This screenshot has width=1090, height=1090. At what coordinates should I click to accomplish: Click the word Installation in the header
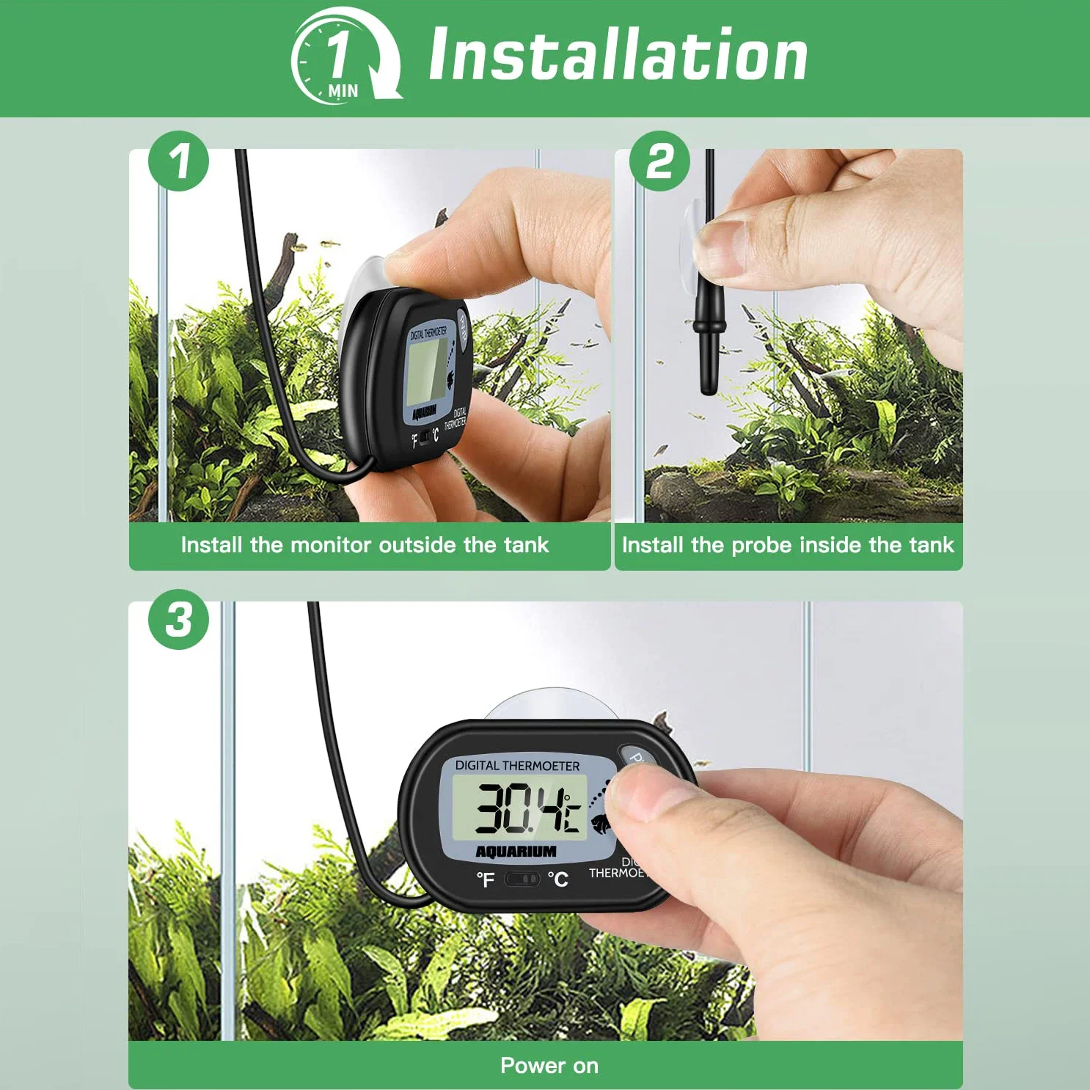pyautogui.click(x=618, y=55)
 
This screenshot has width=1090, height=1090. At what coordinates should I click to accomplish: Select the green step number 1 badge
pyautogui.click(x=178, y=161)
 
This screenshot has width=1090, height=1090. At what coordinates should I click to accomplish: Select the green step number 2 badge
pyautogui.click(x=659, y=161)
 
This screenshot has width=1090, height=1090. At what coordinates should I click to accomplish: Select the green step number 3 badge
pyautogui.click(x=178, y=619)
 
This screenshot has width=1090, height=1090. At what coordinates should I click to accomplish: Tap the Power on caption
pyautogui.click(x=549, y=1066)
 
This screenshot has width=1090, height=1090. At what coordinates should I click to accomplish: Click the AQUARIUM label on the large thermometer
pyautogui.click(x=516, y=852)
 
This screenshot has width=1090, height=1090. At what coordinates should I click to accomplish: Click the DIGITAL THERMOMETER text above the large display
pyautogui.click(x=517, y=766)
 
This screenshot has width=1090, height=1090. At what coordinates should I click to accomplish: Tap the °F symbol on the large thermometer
pyautogui.click(x=485, y=879)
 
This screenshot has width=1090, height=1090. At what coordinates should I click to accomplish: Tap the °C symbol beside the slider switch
pyautogui.click(x=558, y=879)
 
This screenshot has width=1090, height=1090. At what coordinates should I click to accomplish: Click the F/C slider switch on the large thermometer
pyautogui.click(x=522, y=879)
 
